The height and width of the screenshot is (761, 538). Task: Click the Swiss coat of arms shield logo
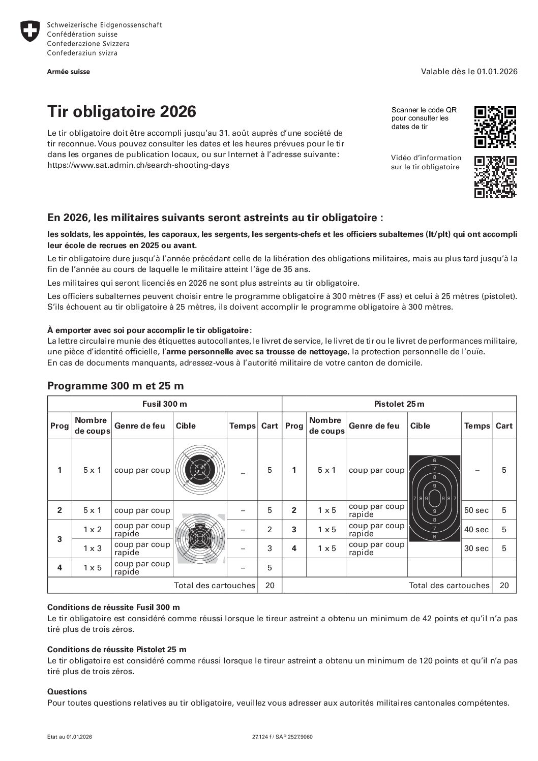click(31, 32)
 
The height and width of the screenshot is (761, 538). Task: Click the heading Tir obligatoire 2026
click(121, 111)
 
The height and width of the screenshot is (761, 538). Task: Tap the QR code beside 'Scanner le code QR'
click(495, 127)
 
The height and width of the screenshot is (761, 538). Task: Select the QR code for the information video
click(495, 176)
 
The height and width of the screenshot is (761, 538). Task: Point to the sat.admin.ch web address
click(138, 165)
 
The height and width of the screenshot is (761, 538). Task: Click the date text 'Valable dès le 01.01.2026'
click(469, 72)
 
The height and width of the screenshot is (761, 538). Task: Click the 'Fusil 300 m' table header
click(164, 404)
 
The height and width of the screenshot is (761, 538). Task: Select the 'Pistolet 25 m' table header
click(399, 404)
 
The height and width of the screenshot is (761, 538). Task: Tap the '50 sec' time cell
click(476, 510)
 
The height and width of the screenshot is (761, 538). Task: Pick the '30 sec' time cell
click(476, 548)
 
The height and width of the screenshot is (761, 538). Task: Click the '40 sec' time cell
click(476, 529)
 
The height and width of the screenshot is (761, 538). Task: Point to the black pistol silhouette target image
click(434, 498)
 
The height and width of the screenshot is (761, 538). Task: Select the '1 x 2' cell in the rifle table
click(92, 529)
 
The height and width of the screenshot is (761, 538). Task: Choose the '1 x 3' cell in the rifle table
click(92, 548)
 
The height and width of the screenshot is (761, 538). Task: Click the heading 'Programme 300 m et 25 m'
click(115, 386)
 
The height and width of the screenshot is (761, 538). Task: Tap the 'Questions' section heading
click(67, 691)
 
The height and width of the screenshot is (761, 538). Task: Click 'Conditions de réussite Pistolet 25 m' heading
click(117, 649)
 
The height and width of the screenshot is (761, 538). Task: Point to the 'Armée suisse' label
click(69, 72)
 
